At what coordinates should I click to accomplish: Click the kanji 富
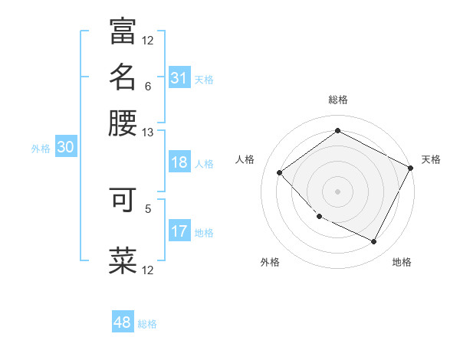123,31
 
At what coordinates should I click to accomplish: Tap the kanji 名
123,77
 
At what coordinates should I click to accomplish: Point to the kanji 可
123,199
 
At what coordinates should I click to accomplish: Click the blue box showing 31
179,78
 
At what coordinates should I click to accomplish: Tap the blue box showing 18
179,162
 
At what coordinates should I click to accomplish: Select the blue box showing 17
179,231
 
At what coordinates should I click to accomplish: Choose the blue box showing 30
65,148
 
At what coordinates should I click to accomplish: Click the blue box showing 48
123,322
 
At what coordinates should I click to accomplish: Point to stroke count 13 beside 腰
148,132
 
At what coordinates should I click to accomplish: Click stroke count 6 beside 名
148,86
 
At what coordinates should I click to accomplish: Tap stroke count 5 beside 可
148,208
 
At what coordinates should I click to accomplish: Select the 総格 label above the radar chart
337,100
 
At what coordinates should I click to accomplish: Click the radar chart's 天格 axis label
431,159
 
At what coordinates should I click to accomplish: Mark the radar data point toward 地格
374,242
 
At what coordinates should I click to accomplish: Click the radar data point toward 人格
280,173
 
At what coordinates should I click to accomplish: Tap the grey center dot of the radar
337,191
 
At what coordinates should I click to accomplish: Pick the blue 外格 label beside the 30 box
41,149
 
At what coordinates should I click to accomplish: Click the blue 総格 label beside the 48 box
147,324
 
